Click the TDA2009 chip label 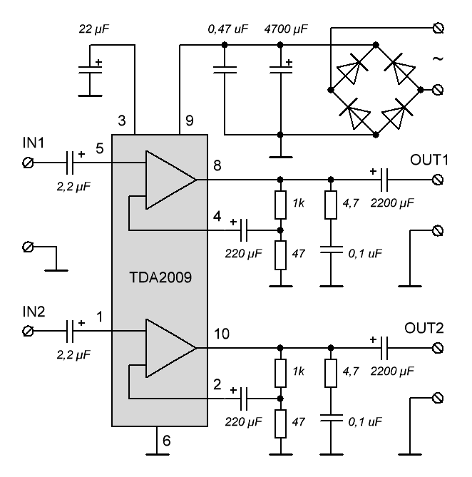pyautogui.click(x=159, y=275)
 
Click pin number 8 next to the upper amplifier pyautogui.click(x=216, y=165)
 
